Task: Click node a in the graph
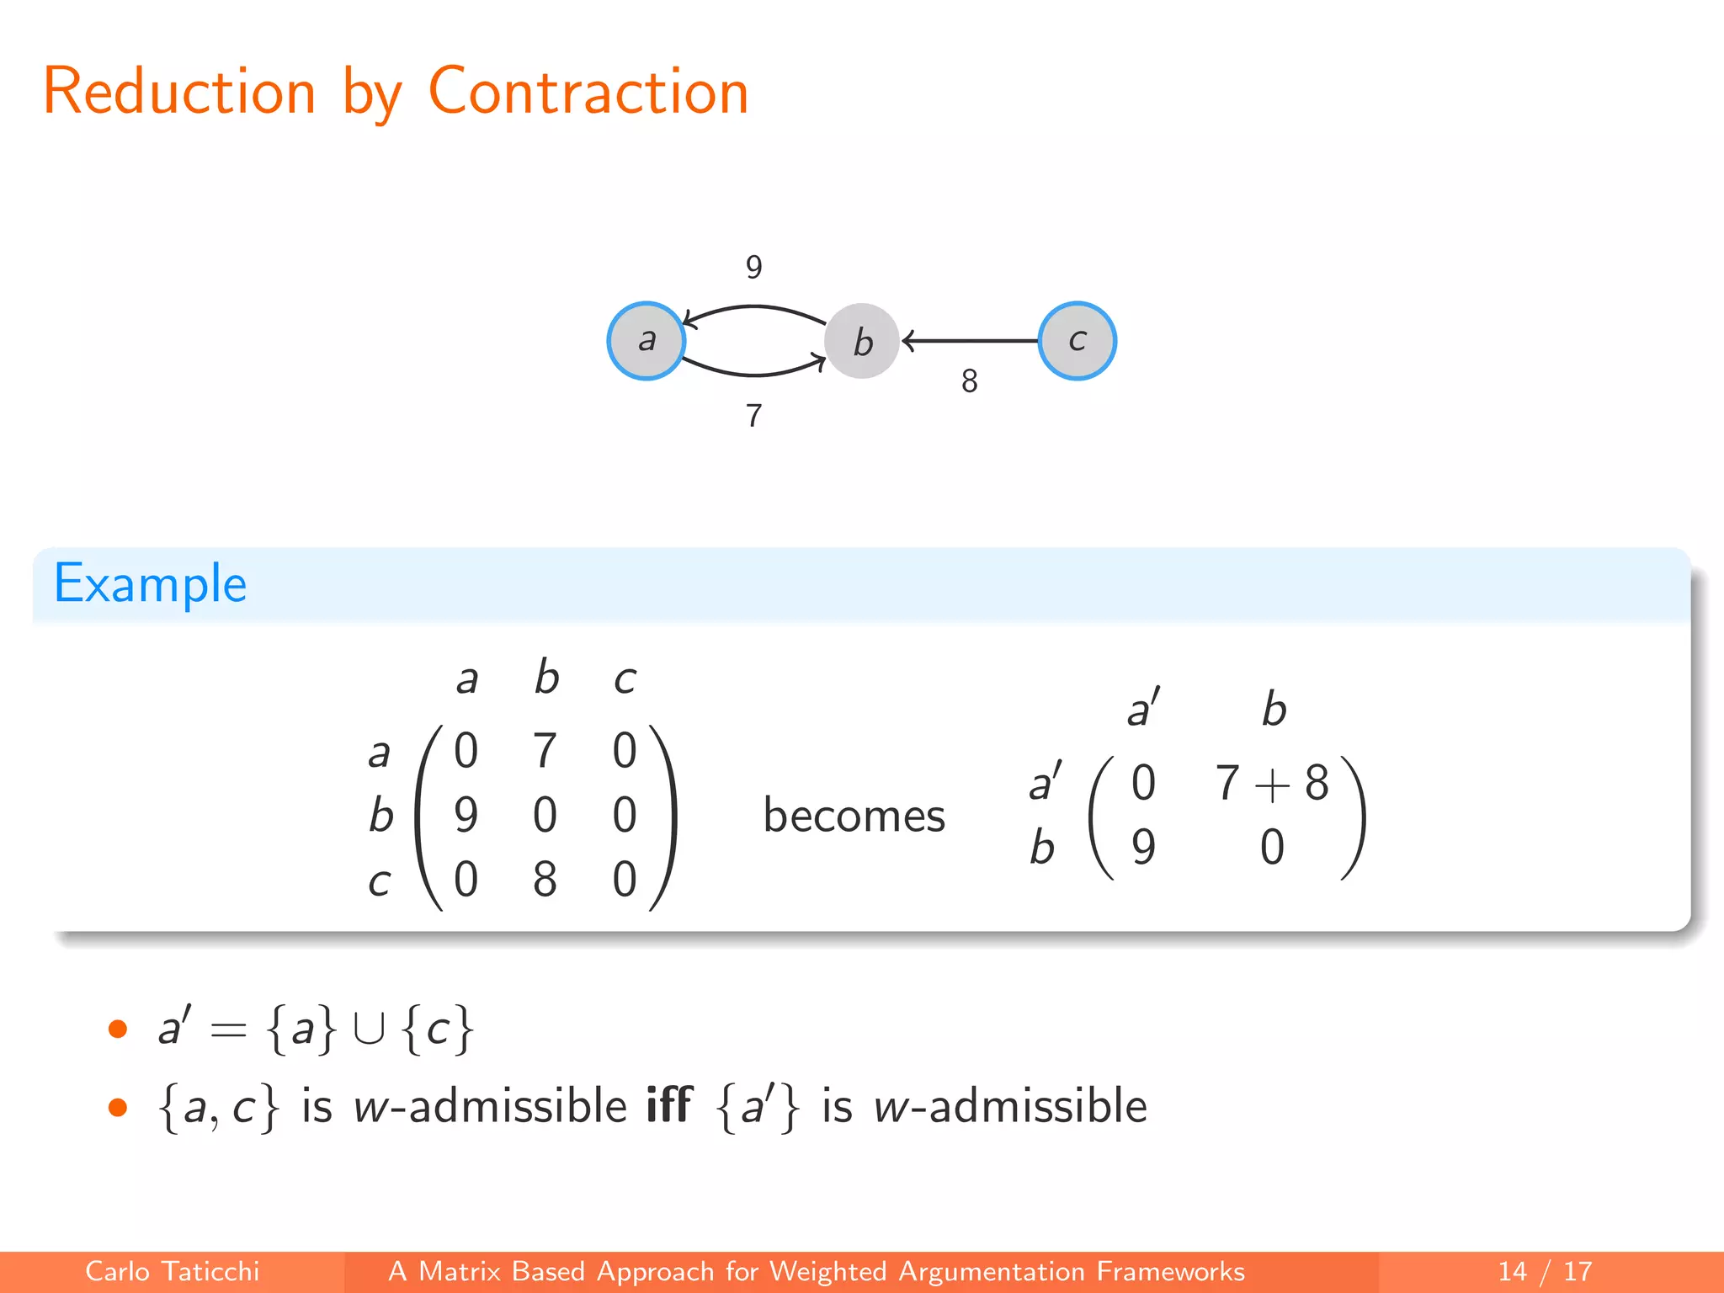tap(646, 341)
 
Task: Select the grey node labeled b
tap(862, 341)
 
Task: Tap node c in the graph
tap(1077, 341)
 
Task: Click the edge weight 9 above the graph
tap(754, 268)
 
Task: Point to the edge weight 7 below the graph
tap(754, 416)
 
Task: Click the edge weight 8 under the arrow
tap(970, 381)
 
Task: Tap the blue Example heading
tap(151, 583)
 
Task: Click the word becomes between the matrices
tap(854, 816)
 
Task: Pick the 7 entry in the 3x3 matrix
tap(545, 750)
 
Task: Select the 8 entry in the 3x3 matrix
tap(545, 880)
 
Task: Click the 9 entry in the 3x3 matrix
tap(466, 815)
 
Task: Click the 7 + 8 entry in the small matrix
tap(1272, 783)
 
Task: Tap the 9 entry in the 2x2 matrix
tap(1143, 847)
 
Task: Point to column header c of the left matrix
tap(625, 678)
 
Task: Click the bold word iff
tap(669, 1105)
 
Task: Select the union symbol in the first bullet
tap(370, 1029)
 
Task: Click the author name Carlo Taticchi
tap(173, 1271)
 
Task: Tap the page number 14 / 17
tap(1545, 1271)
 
